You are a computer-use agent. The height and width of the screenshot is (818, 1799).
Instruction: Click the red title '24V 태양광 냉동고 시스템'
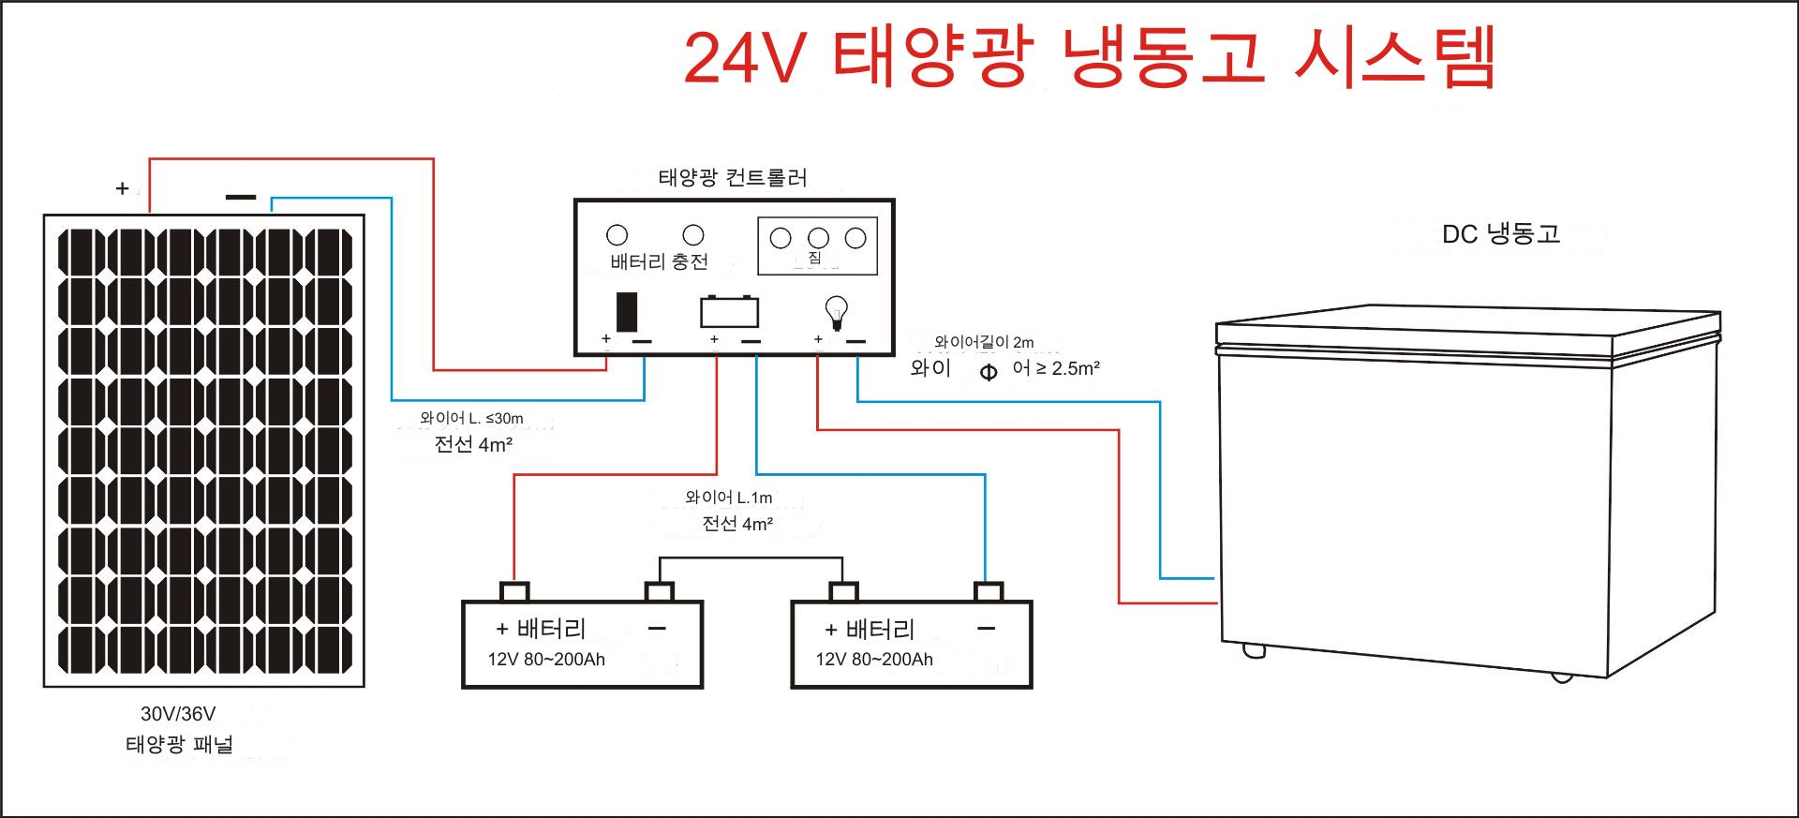1089,58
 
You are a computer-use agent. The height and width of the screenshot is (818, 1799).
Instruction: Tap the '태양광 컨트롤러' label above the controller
733,178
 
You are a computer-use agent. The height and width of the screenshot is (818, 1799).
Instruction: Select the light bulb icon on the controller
835,312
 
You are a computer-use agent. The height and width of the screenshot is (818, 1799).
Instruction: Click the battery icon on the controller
729,311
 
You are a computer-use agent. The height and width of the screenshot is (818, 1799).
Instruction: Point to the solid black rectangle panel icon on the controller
627,311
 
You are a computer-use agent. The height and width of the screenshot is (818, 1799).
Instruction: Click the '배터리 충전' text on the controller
659,261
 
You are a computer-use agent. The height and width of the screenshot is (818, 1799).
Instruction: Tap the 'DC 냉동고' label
1501,234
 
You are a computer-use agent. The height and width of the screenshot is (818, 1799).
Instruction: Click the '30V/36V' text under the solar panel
178,714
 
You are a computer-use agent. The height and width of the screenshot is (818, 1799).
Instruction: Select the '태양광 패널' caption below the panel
179,745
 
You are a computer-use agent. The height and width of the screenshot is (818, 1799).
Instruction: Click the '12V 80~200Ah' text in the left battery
546,660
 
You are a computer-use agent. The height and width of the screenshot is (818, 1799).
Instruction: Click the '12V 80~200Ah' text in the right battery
874,660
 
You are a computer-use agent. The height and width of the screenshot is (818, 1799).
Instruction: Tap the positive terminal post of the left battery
514,591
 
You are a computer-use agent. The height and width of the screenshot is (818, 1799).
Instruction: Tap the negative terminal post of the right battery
989,591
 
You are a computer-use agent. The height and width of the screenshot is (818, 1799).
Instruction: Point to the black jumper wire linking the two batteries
751,558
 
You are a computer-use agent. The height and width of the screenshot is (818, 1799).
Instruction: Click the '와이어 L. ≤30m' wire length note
471,419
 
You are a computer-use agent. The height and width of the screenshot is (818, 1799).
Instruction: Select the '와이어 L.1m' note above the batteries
729,498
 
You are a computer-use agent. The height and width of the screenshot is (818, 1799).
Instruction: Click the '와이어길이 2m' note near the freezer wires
984,343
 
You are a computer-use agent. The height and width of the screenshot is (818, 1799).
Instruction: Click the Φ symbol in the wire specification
989,373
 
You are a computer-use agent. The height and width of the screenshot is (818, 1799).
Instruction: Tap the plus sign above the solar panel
122,189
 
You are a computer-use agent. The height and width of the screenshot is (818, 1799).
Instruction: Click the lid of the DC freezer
1468,332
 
